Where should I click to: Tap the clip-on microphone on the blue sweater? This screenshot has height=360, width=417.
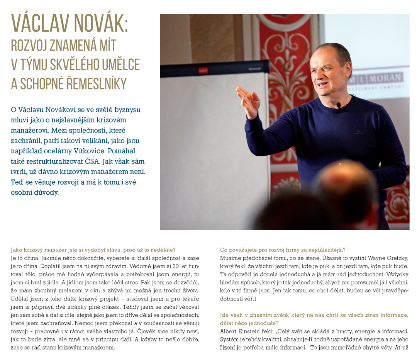339,105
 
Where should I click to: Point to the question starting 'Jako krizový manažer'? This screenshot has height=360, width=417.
93,250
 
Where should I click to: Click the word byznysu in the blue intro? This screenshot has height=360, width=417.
127,109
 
